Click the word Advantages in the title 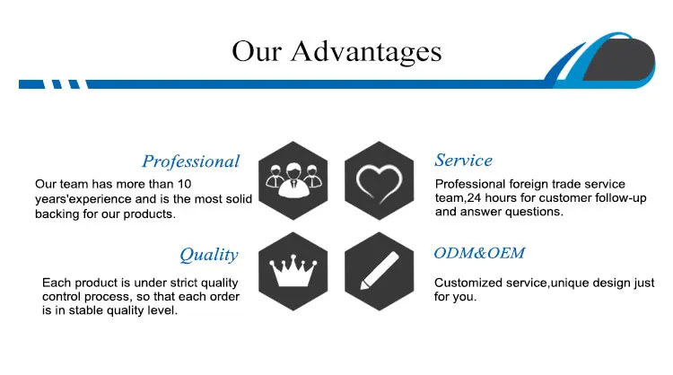[366, 52]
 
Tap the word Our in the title [257, 51]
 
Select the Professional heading [190, 161]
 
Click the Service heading [464, 160]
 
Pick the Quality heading [208, 255]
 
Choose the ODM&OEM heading [479, 253]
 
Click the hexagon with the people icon [293, 180]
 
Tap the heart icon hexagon [379, 180]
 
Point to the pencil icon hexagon [379, 271]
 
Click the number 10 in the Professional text [185, 184]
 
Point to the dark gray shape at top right [618, 59]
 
